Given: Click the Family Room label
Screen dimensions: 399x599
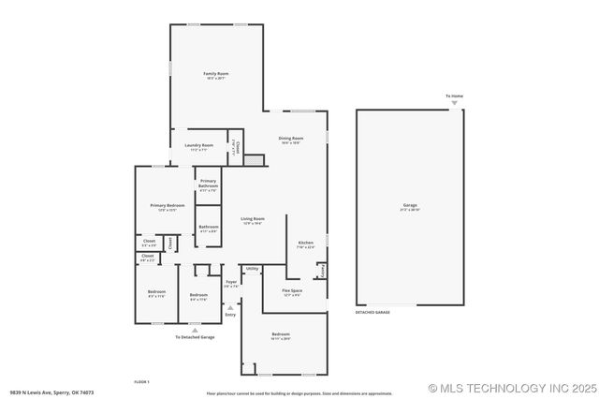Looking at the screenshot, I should click(217, 73).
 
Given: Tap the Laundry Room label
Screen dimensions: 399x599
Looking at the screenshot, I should click(200, 145).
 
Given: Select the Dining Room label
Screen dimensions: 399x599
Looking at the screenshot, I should click(290, 139).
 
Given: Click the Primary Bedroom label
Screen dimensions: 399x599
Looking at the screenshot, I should click(168, 205).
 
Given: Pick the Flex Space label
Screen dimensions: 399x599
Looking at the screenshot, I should click(292, 291).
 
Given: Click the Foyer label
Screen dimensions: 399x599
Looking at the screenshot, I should click(231, 281).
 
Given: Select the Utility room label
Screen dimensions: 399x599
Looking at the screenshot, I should click(252, 269).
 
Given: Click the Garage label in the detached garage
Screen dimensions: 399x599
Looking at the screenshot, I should click(410, 205).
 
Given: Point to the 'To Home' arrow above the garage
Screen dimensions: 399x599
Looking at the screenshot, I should click(455, 101).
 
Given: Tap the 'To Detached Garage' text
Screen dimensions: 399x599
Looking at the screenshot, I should click(195, 336).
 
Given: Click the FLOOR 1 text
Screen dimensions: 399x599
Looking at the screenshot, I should click(142, 381).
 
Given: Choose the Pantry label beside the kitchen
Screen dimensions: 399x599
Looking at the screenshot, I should click(323, 270).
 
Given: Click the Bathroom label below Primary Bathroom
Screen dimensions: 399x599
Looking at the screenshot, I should click(208, 227).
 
